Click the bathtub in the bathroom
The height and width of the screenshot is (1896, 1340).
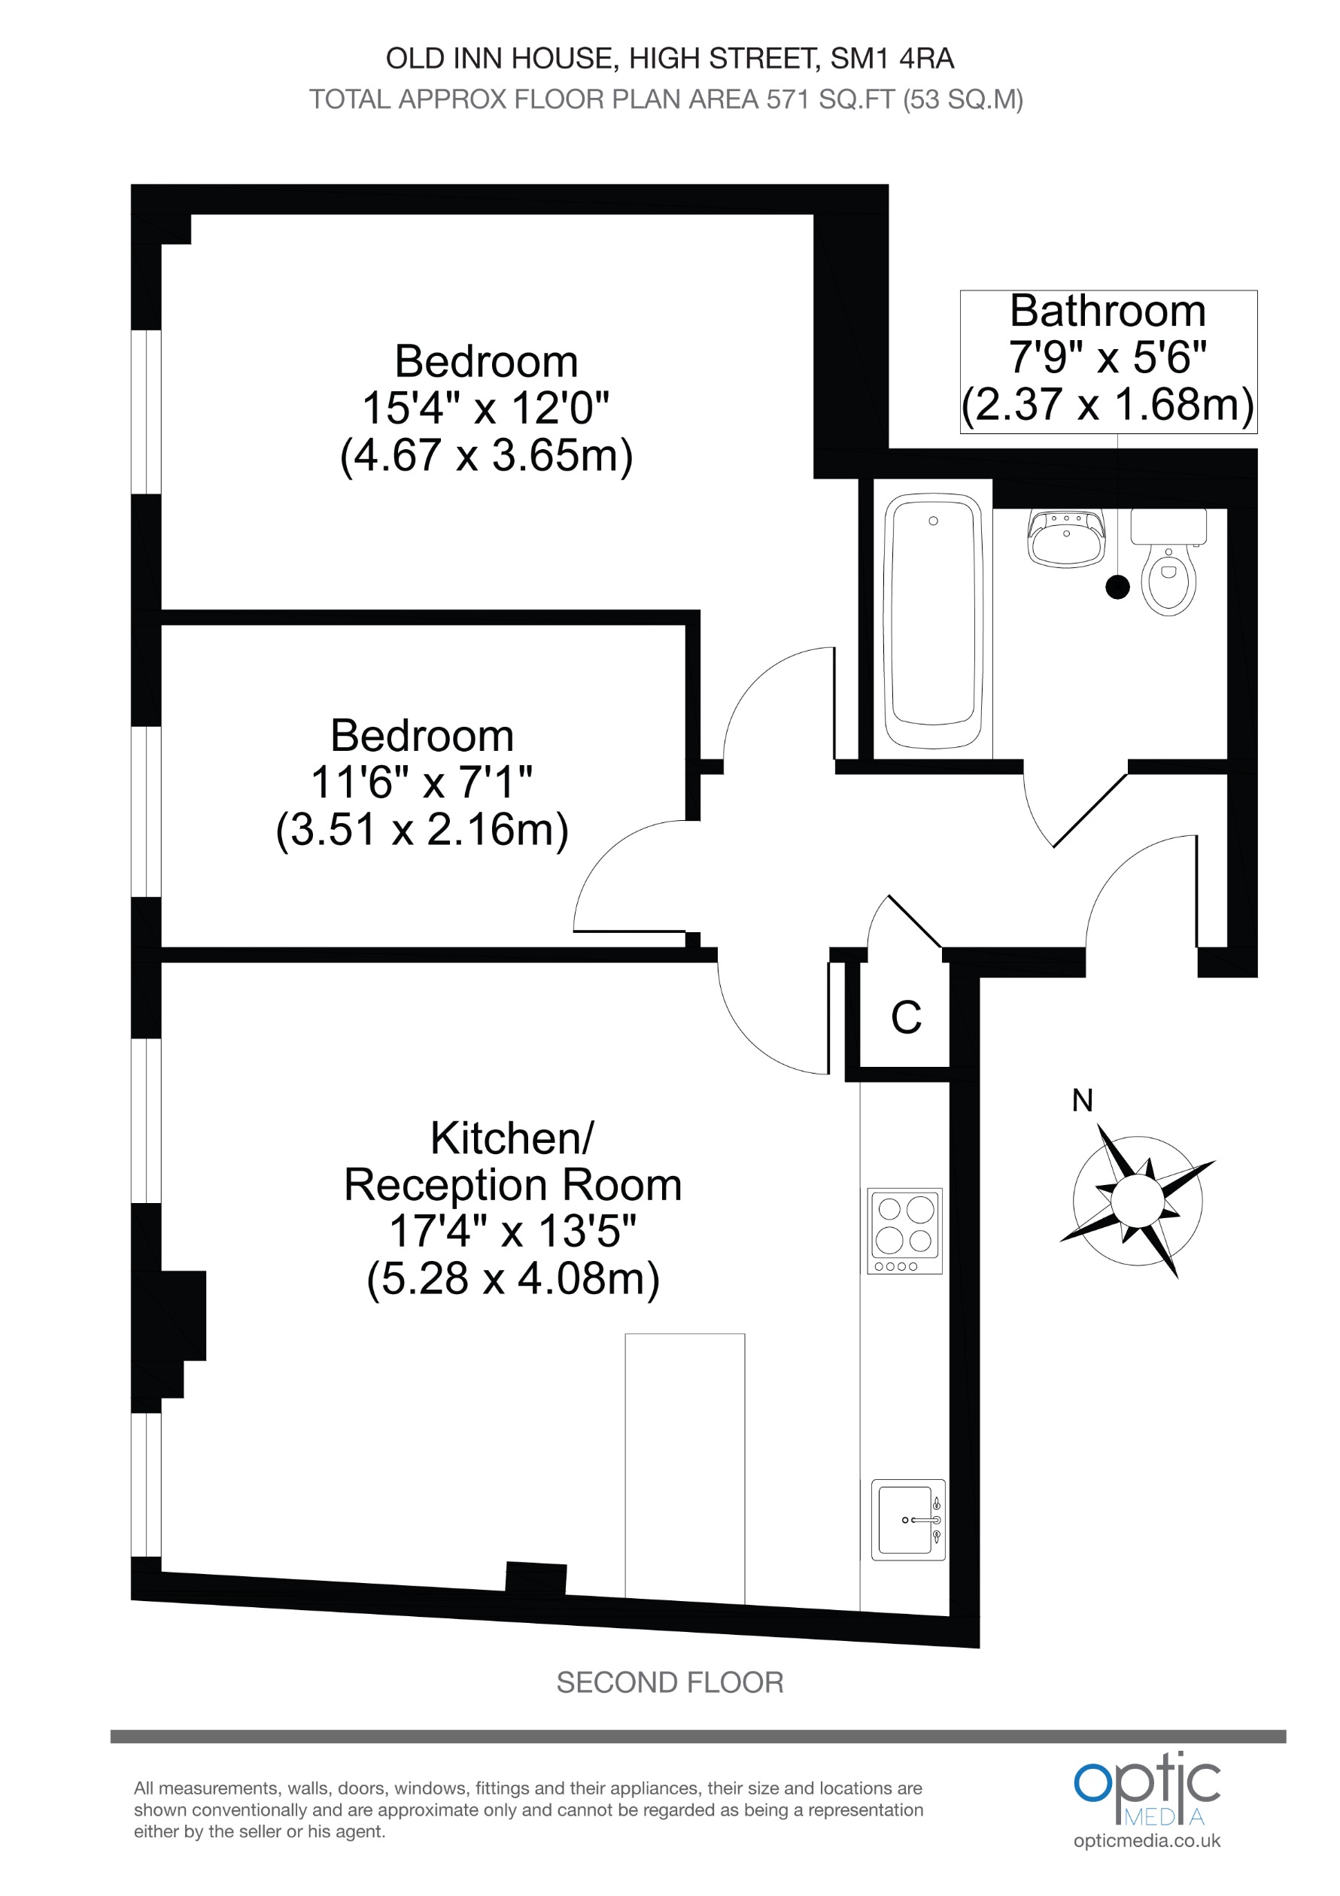[933, 620]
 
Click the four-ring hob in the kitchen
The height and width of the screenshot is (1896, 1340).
[905, 1230]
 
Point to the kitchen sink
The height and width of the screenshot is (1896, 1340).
[907, 1520]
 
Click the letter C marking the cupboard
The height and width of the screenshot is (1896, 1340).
[906, 1017]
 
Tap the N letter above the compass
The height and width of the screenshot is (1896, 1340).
[1082, 1101]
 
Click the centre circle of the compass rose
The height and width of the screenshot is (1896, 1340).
[1137, 1202]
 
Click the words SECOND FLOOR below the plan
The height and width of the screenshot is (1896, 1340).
[670, 1682]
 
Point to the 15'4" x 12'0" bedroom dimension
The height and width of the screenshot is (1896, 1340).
[486, 408]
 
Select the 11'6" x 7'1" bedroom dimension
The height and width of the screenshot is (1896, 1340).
[422, 782]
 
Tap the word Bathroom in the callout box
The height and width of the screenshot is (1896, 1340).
[1108, 311]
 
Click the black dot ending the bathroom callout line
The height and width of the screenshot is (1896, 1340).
[1117, 587]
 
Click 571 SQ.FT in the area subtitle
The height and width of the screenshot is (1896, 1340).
[831, 100]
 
